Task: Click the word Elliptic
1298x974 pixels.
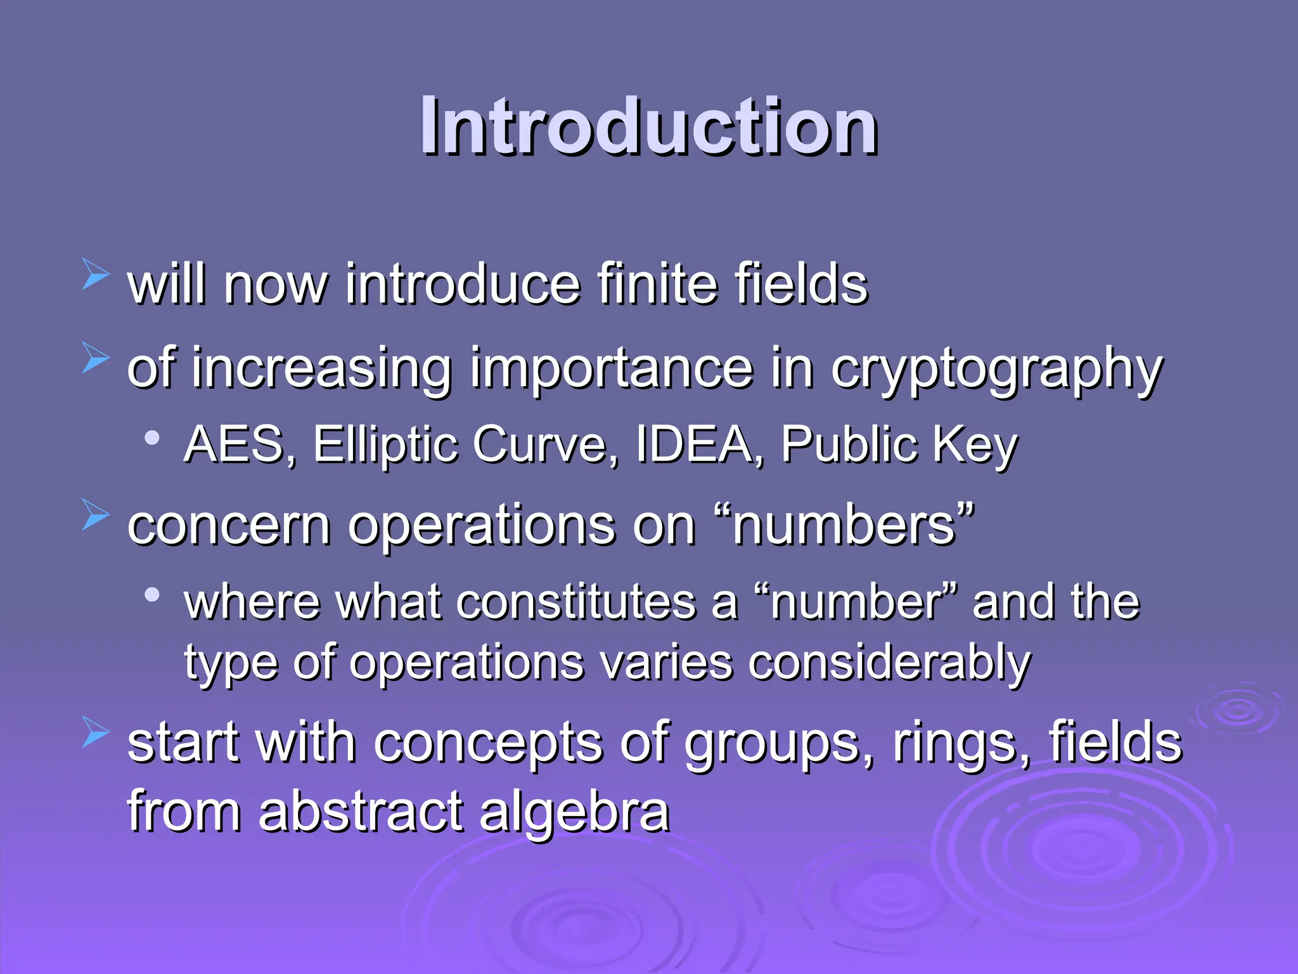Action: [385, 445]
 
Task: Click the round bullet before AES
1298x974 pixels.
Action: [151, 437]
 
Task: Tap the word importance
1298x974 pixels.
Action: [611, 370]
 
